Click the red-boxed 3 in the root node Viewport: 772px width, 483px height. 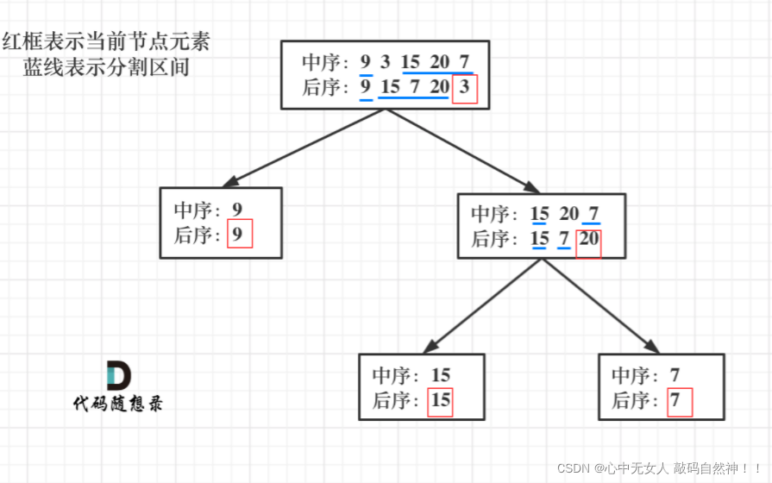point(464,87)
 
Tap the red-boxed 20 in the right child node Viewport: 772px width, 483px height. point(589,240)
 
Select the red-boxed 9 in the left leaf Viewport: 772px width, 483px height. point(239,235)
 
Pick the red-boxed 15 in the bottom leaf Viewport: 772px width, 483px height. point(440,400)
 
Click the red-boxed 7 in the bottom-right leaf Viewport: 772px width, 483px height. point(680,400)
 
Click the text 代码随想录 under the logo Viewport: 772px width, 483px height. point(118,404)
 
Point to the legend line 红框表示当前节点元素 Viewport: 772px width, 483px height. point(105,41)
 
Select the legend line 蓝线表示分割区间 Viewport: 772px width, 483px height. point(106,66)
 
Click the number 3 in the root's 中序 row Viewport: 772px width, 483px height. point(386,62)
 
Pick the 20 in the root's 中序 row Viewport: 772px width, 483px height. point(440,62)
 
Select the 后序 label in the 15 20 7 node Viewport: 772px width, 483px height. point(493,240)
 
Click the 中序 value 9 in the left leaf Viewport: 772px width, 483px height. point(237,210)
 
